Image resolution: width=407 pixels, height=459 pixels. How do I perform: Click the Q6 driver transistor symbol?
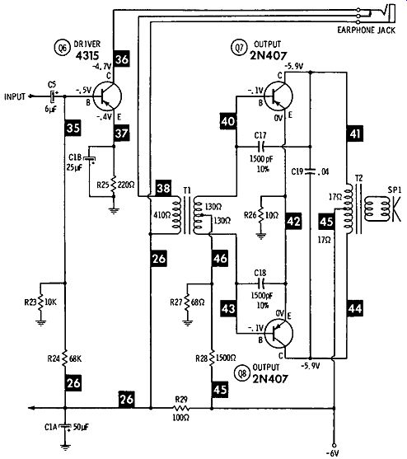pyautogui.click(x=107, y=96)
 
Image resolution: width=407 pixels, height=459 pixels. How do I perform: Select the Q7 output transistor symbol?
pyautogui.click(x=278, y=95)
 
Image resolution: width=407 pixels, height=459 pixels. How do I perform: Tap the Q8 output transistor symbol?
pyautogui.click(x=278, y=334)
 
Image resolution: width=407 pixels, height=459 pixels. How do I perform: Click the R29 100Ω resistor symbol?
pyautogui.click(x=181, y=408)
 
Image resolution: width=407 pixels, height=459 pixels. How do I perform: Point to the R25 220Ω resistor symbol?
pyautogui.click(x=115, y=185)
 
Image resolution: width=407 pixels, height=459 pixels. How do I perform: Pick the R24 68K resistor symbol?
pyautogui.click(x=65, y=358)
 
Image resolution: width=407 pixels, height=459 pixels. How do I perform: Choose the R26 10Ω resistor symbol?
pyautogui.click(x=261, y=215)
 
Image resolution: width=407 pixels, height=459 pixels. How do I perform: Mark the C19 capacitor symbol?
pyautogui.click(x=311, y=171)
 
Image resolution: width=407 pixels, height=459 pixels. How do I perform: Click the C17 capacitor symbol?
pyautogui.click(x=260, y=146)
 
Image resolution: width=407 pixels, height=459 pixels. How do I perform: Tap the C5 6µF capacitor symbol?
pyautogui.click(x=53, y=96)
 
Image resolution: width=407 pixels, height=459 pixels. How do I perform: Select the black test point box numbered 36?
pyautogui.click(x=122, y=59)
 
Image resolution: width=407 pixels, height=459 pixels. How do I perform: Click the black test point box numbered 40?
pyautogui.click(x=228, y=121)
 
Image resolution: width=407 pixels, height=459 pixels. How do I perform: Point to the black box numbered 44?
pyautogui.click(x=355, y=308)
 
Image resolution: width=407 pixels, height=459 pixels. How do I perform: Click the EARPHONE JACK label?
pyautogui.click(x=366, y=30)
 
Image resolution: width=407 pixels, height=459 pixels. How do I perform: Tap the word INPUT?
pyautogui.click(x=15, y=96)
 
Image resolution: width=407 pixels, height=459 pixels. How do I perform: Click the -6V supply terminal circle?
pyautogui.click(x=334, y=445)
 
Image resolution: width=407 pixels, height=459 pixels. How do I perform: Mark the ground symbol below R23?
pyautogui.click(x=41, y=323)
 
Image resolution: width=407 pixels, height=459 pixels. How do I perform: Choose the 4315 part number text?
pyautogui.click(x=87, y=55)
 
